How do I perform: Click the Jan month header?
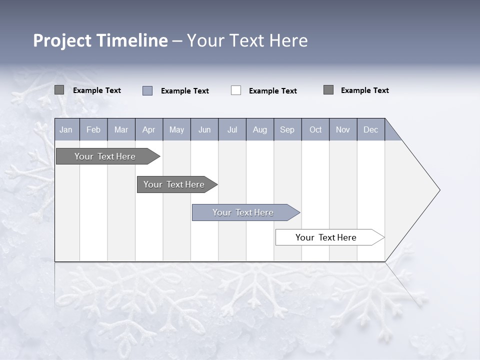tap(66, 129)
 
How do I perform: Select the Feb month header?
tap(93, 129)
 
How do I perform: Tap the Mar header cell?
tap(121, 129)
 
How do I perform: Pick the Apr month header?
tap(149, 129)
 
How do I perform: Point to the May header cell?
tap(176, 129)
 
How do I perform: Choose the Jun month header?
tap(204, 129)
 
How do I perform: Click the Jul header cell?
tap(232, 129)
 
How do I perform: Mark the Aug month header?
tap(260, 129)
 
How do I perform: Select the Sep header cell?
tap(287, 129)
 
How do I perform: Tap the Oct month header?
tap(315, 129)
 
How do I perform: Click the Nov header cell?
tap(343, 129)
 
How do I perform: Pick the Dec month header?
tap(371, 129)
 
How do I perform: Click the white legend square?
tap(236, 90)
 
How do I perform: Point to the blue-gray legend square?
tap(147, 90)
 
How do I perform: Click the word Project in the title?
tap(62, 40)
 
